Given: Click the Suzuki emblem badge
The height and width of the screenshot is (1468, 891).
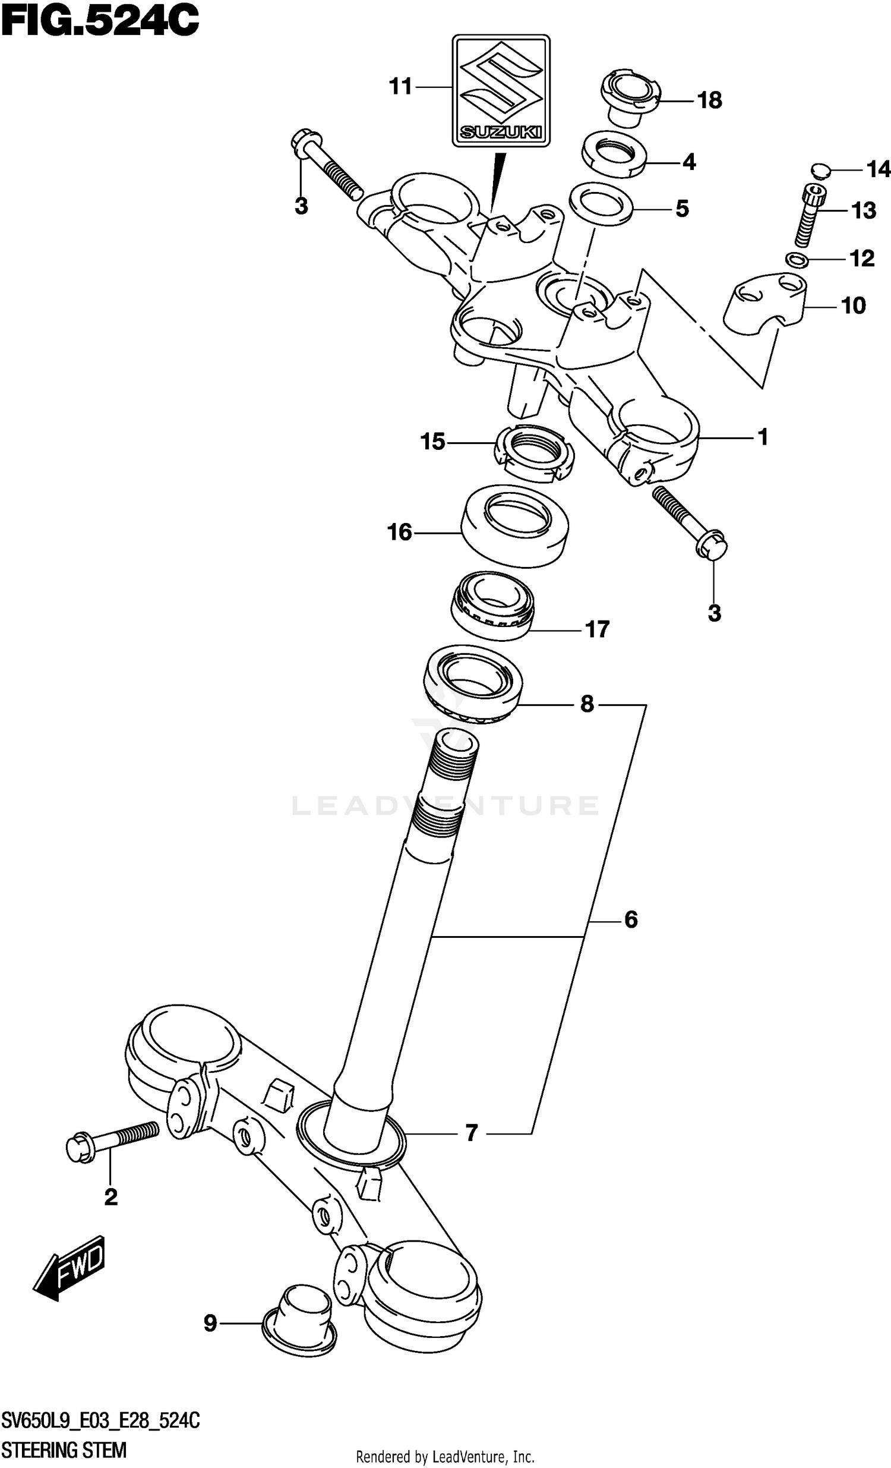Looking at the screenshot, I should point(501,90).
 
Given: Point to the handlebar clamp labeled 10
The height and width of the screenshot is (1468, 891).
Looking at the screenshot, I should point(765,305).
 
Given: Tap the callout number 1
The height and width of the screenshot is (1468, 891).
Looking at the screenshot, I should point(763,437).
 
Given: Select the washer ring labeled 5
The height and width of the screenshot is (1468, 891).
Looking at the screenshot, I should point(601,204).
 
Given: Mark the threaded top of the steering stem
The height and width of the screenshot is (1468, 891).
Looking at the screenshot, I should point(453,774).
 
